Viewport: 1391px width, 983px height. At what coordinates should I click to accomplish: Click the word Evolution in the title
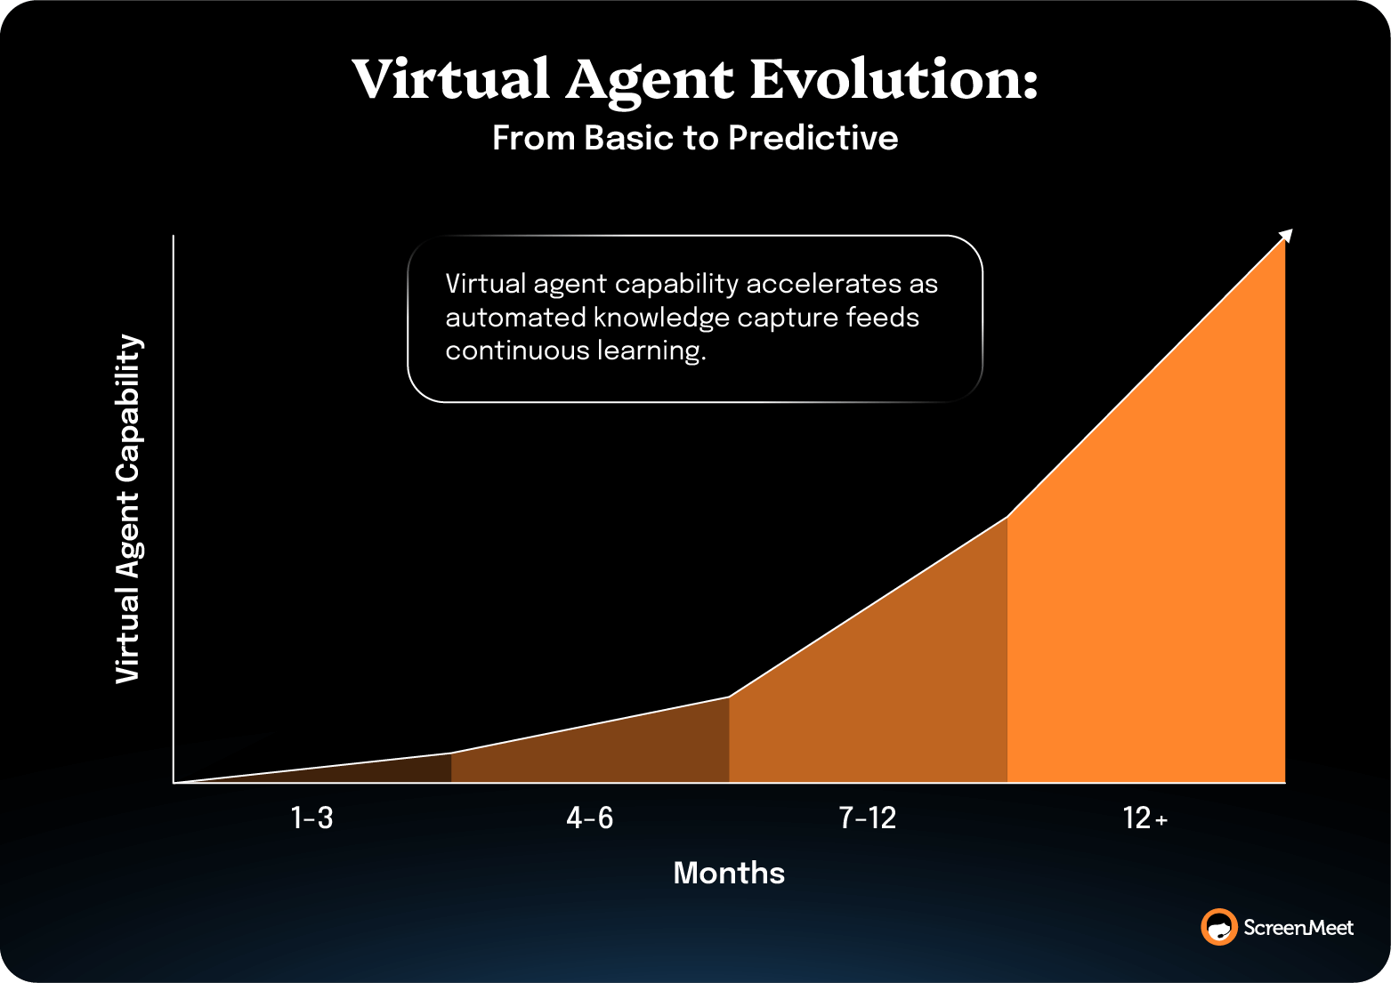point(894,79)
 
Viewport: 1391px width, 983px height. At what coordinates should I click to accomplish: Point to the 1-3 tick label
point(311,818)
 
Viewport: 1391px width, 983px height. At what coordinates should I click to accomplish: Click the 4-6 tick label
point(589,818)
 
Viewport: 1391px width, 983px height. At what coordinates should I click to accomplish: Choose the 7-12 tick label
point(868,818)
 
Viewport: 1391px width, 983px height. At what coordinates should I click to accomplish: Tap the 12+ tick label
point(1144,818)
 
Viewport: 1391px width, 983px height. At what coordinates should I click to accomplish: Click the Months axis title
point(729,873)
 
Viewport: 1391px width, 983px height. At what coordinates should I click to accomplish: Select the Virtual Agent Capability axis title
point(128,509)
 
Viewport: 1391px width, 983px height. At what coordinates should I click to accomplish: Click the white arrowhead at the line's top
point(1286,235)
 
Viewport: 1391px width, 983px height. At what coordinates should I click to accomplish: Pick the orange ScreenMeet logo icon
point(1218,927)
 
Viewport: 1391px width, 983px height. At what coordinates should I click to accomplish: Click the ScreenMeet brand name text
point(1298,928)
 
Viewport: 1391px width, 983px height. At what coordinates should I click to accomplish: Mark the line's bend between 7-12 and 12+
point(1007,517)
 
